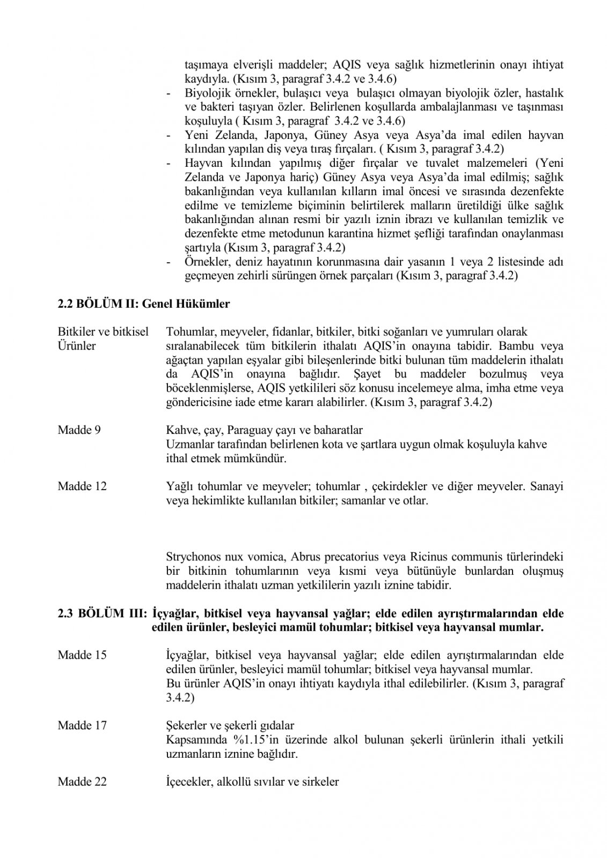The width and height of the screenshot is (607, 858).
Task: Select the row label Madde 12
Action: click(x=82, y=486)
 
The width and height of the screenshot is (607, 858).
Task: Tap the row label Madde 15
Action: click(x=82, y=655)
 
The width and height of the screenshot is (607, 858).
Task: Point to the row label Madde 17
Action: click(x=82, y=726)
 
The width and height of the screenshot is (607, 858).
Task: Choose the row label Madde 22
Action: click(x=82, y=782)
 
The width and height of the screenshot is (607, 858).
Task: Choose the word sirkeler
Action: click(x=319, y=782)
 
